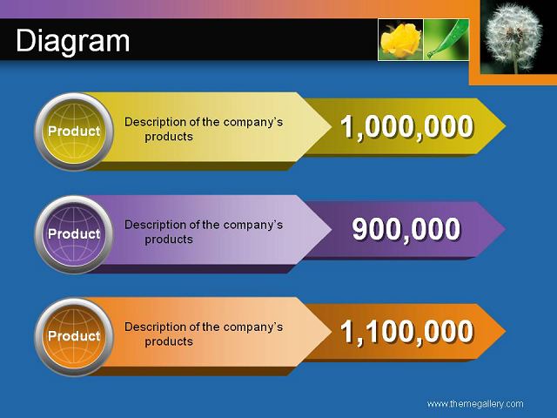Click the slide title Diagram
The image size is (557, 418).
pyautogui.click(x=73, y=42)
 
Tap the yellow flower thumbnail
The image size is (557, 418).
pyautogui.click(x=400, y=39)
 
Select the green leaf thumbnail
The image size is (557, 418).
pyautogui.click(x=446, y=39)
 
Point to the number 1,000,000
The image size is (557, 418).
pyautogui.click(x=407, y=127)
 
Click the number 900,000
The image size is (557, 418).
pyautogui.click(x=406, y=230)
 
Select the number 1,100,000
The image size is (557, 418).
pyautogui.click(x=407, y=332)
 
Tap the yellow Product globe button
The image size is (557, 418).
pyautogui.click(x=74, y=131)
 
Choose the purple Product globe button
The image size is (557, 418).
pyautogui.click(x=74, y=234)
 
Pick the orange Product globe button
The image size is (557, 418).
pyautogui.click(x=74, y=337)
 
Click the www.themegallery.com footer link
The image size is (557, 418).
pyautogui.click(x=475, y=404)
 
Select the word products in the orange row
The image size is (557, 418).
pyautogui.click(x=169, y=341)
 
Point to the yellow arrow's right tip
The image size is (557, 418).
pyautogui.click(x=506, y=125)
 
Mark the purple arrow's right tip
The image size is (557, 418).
pyautogui.click(x=506, y=228)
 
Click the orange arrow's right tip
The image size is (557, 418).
pyautogui.click(x=506, y=331)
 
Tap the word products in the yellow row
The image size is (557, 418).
pyautogui.click(x=169, y=137)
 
